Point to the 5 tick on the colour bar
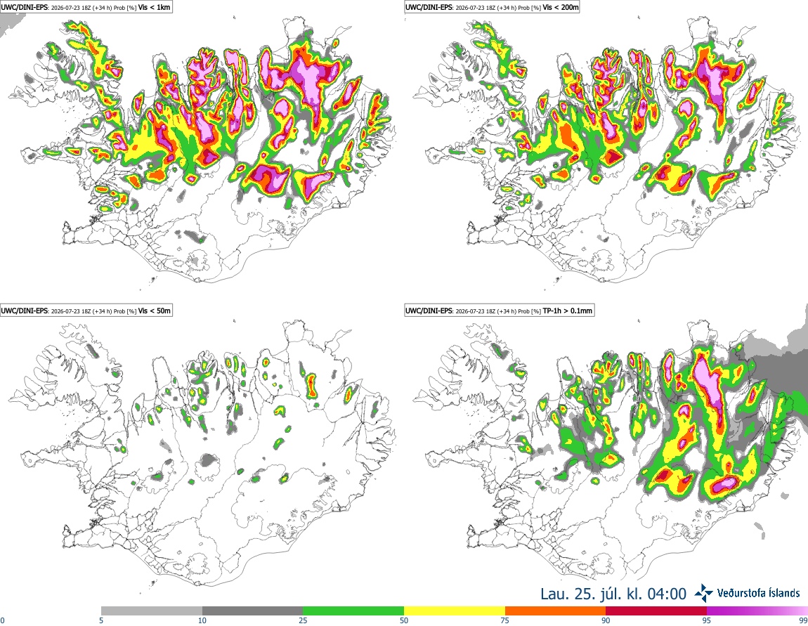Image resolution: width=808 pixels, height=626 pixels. click(x=101, y=620)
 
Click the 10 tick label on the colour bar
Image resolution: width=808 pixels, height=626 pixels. click(x=202, y=620)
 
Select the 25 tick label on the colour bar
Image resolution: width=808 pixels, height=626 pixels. click(x=303, y=620)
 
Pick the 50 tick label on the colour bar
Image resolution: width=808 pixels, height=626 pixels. click(x=404, y=620)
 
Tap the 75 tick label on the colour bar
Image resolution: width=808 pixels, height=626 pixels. click(x=505, y=620)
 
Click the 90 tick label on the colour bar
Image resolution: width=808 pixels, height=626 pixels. click(x=606, y=620)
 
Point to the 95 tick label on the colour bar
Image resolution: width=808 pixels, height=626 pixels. click(x=707, y=620)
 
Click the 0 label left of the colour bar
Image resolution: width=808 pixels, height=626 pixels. click(x=2, y=620)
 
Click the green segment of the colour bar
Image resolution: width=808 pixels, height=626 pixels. click(x=353, y=611)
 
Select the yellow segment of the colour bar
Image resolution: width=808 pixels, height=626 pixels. click(x=455, y=611)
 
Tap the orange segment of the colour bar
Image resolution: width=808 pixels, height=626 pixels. click(x=556, y=611)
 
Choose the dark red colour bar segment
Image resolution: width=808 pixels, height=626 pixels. click(x=656, y=611)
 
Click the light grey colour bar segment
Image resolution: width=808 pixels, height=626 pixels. click(x=152, y=611)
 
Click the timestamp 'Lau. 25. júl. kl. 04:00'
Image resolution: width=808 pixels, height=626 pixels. click(x=613, y=594)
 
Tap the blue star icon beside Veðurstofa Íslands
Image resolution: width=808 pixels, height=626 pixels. click(x=703, y=593)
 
